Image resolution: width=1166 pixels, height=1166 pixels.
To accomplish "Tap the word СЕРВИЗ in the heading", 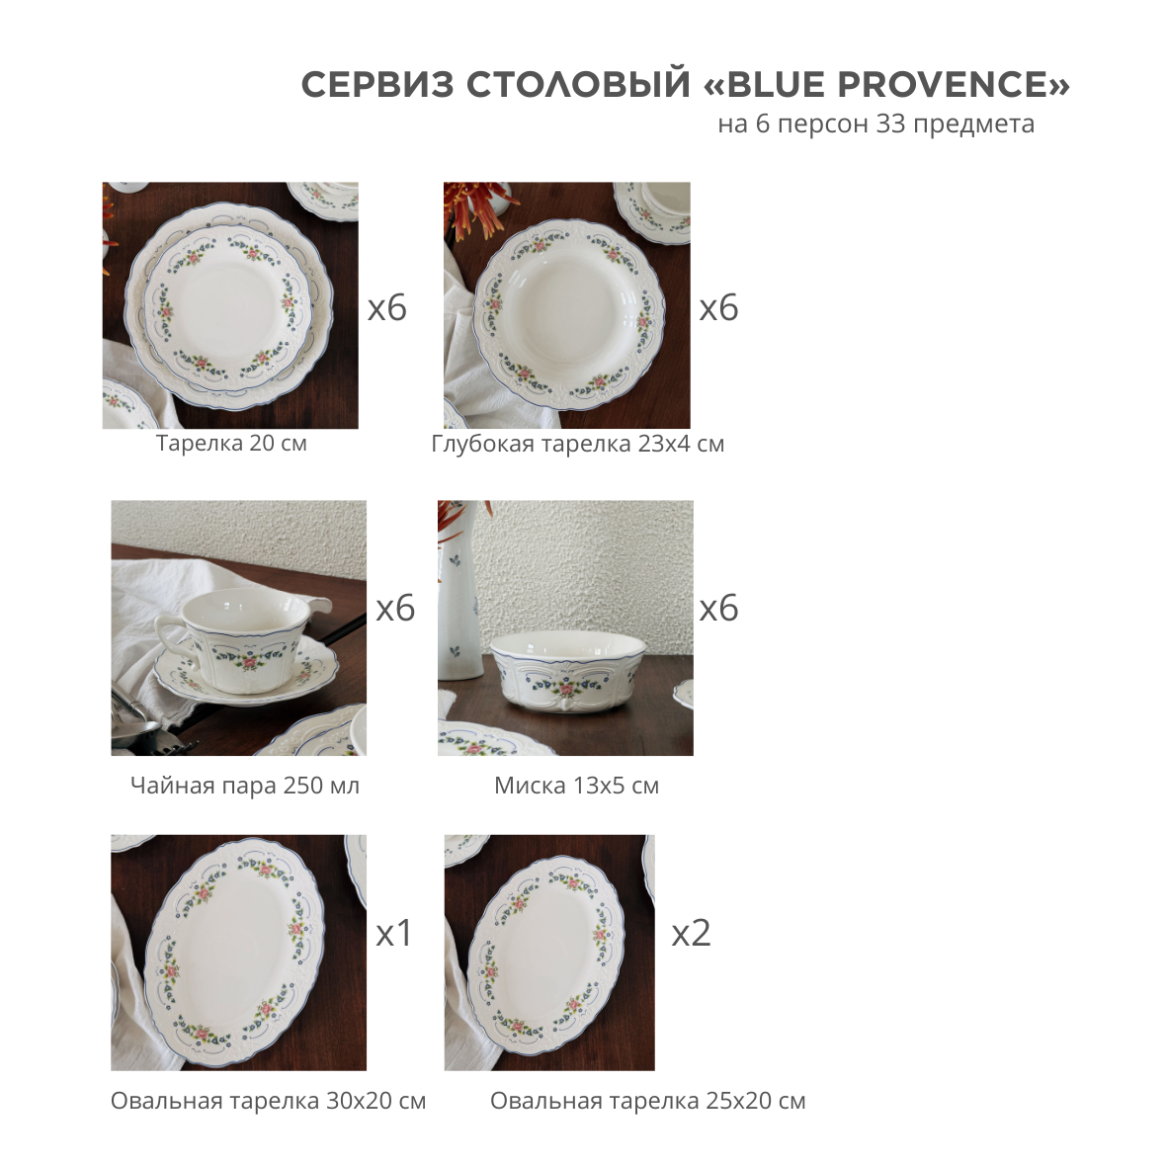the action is [x=377, y=85].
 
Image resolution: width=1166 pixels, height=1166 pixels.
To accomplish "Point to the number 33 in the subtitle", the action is [x=891, y=124].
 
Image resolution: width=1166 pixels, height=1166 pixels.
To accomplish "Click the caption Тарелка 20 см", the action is [x=231, y=444].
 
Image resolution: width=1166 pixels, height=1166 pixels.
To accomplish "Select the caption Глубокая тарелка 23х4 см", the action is [x=578, y=444].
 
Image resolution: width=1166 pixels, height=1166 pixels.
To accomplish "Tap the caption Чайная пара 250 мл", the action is [x=245, y=786].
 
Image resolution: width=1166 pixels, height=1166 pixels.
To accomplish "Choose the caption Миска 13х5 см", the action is [x=576, y=786].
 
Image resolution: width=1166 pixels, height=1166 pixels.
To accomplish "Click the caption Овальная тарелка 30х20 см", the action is [x=268, y=1101].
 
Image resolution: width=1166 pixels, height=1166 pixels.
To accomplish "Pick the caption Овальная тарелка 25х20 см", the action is [x=647, y=1101].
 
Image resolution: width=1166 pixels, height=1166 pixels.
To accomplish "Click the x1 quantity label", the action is [x=394, y=933].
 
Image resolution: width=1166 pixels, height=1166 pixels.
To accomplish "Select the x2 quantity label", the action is [x=692, y=933].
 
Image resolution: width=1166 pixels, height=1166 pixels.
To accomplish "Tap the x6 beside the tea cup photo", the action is [x=395, y=609].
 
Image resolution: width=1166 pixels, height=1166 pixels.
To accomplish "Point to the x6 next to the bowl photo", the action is [x=718, y=609].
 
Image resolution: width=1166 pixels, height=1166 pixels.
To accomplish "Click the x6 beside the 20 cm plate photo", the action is [x=387, y=308].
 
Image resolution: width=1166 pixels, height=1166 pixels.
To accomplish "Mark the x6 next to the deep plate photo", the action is [x=718, y=308].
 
